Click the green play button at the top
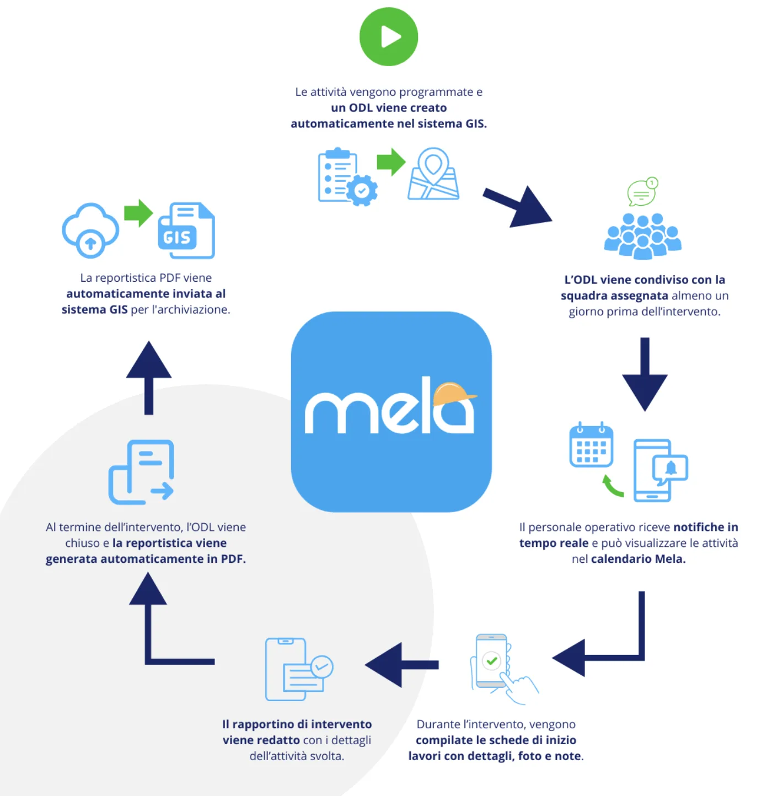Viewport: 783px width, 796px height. click(x=389, y=36)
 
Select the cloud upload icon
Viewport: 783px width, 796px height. click(x=90, y=230)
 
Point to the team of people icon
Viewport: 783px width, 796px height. click(x=642, y=236)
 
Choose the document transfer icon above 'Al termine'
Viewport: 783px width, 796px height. click(x=142, y=472)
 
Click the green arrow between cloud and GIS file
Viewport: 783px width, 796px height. click(x=138, y=213)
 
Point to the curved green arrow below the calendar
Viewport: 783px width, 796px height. click(x=612, y=486)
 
